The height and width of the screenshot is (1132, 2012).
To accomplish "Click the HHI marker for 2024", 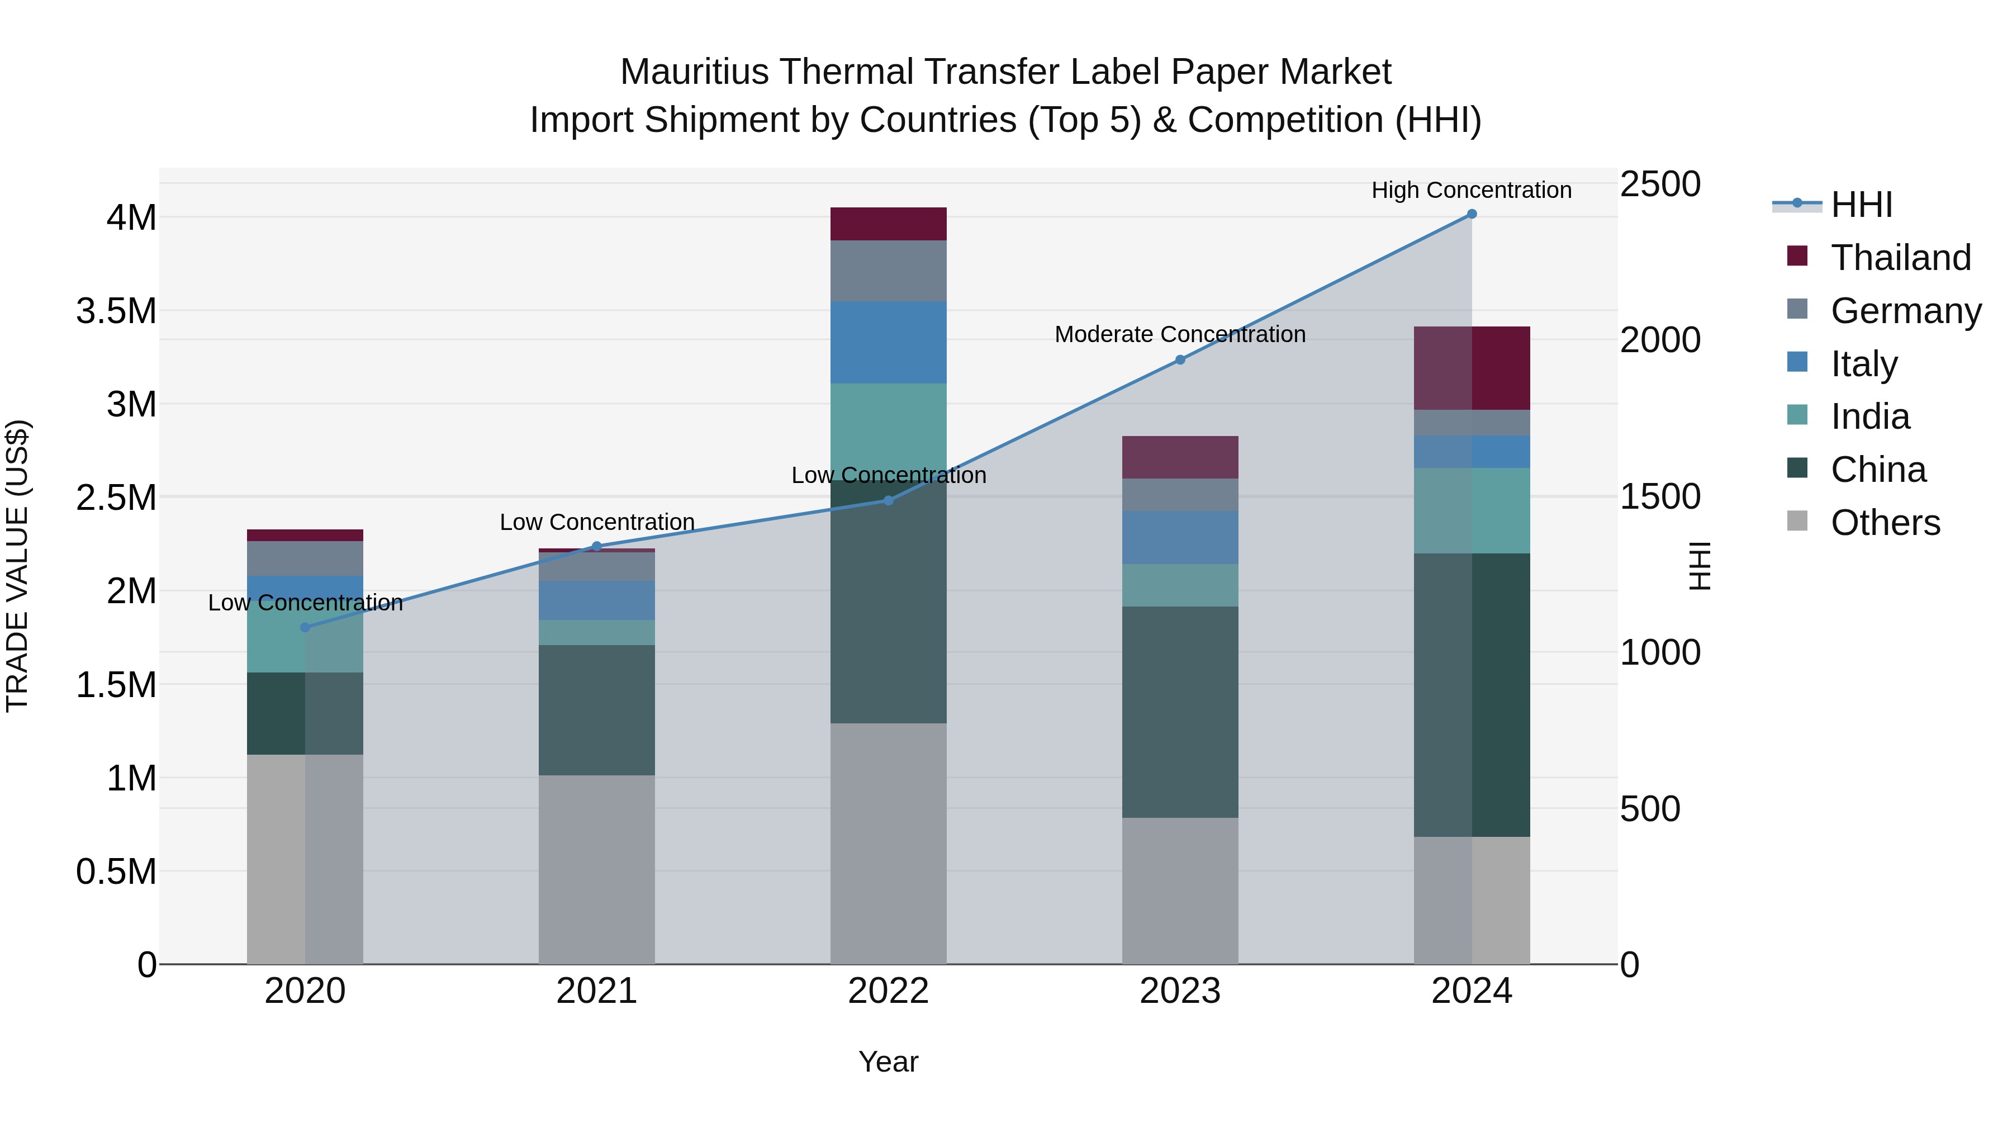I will click(1472, 214).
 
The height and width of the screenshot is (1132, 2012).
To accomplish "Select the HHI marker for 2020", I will click(305, 627).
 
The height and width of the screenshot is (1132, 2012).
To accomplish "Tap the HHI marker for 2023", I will click(1180, 360).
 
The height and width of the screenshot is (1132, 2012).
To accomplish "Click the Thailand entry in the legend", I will click(1900, 258).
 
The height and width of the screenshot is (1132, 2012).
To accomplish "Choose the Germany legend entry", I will click(1905, 311).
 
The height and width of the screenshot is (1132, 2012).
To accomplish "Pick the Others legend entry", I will click(1885, 523).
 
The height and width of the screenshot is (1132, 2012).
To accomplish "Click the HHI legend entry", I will click(1861, 205).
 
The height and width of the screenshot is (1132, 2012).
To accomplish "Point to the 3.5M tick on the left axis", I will click(116, 311).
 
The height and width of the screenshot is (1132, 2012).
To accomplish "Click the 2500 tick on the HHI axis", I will click(1660, 184).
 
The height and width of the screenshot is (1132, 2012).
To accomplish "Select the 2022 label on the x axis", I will click(888, 991).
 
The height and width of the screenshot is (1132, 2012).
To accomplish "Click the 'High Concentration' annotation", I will click(1472, 190).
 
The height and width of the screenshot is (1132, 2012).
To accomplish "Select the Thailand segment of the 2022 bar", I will click(888, 224).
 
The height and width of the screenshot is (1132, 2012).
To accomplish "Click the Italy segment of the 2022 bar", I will click(888, 342).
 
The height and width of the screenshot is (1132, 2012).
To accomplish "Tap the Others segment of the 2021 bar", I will click(597, 869).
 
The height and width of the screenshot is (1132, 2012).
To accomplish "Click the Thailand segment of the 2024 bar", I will click(1472, 368).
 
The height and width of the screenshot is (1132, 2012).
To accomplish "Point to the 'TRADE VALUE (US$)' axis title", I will click(18, 566).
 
